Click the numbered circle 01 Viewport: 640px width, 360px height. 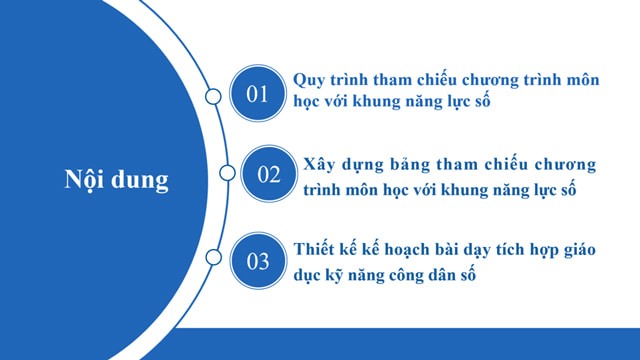pyautogui.click(x=258, y=95)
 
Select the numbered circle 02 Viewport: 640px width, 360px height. pyautogui.click(x=270, y=174)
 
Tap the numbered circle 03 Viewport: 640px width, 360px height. pyautogui.click(x=258, y=262)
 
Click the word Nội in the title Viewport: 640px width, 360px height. pyautogui.click(x=86, y=181)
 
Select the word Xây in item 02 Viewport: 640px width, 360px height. pyautogui.click(x=321, y=164)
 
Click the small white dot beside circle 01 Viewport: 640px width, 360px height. pyautogui.click(x=213, y=96)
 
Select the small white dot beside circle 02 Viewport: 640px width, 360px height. pyautogui.click(x=228, y=173)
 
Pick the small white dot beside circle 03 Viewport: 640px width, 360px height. pyautogui.click(x=213, y=259)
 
